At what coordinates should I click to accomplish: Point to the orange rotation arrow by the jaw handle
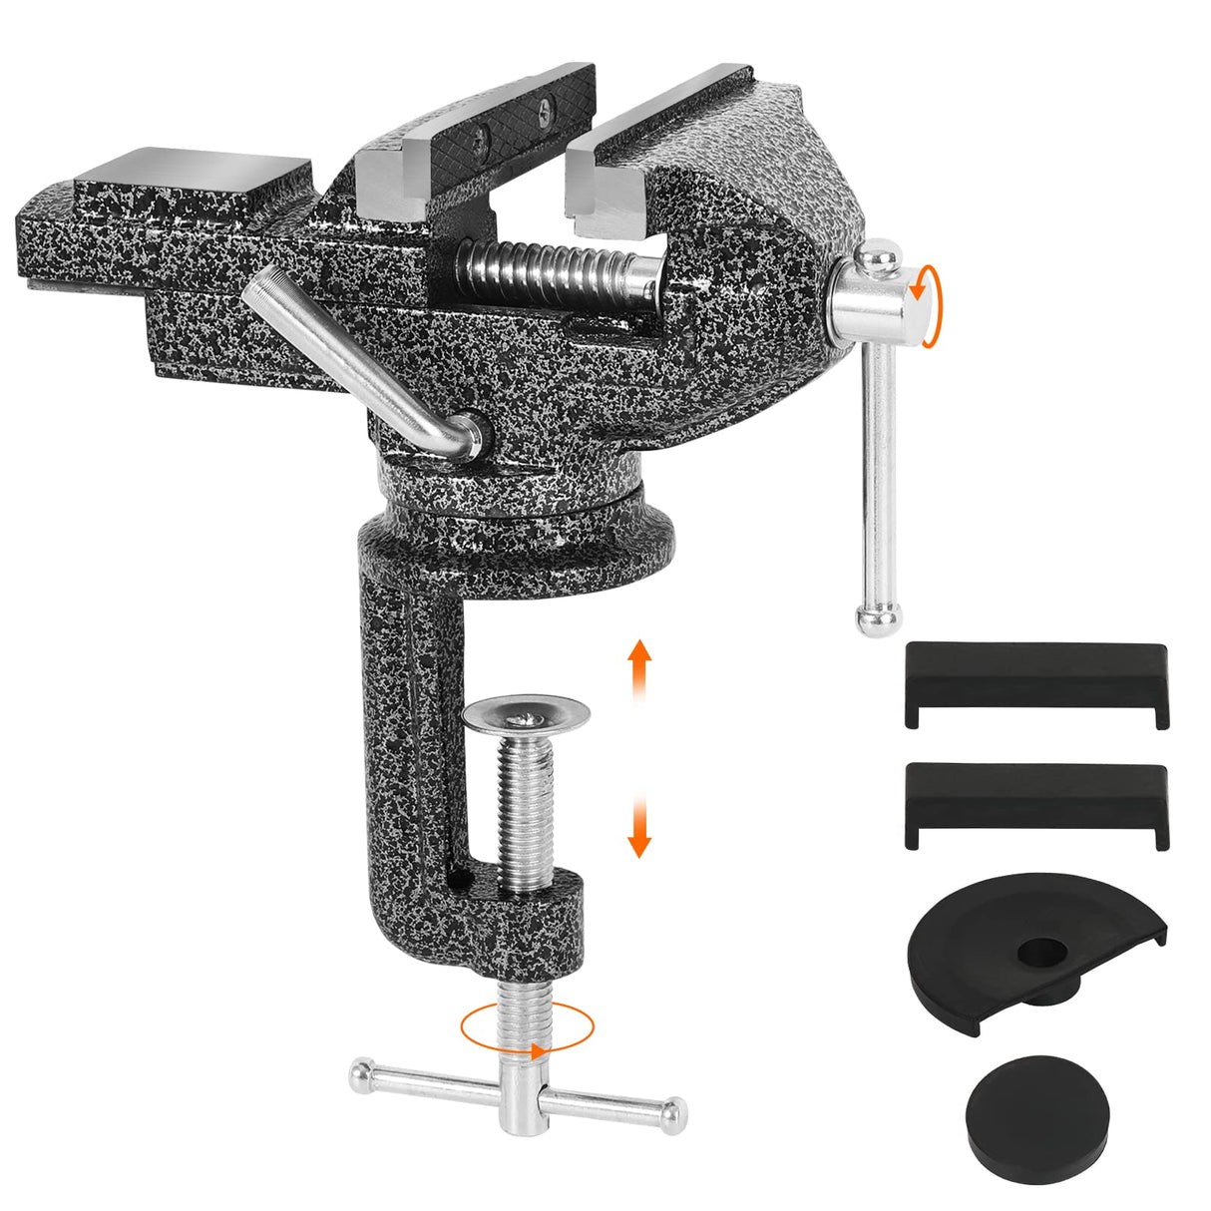929,305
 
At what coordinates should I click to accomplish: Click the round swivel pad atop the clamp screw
527,715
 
